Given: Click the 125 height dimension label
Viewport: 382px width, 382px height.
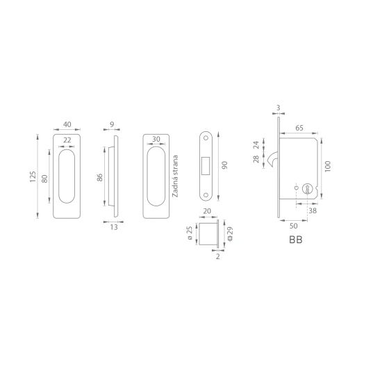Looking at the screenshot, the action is [33, 176].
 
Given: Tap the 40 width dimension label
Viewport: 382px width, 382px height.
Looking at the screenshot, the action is [67, 124].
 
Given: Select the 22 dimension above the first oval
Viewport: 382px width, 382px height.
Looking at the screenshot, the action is [67, 140].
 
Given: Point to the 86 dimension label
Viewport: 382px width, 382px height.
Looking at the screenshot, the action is [99, 177].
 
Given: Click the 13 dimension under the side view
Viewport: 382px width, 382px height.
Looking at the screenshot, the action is [114, 227].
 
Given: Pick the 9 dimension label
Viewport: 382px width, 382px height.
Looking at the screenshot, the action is [112, 124].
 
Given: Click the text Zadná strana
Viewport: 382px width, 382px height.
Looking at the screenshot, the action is [175, 176].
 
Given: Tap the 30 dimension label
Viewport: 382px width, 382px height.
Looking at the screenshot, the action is [156, 139].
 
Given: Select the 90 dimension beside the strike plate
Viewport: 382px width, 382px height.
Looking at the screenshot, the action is [224, 165].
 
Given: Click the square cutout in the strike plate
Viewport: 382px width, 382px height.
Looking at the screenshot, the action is [206, 166].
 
